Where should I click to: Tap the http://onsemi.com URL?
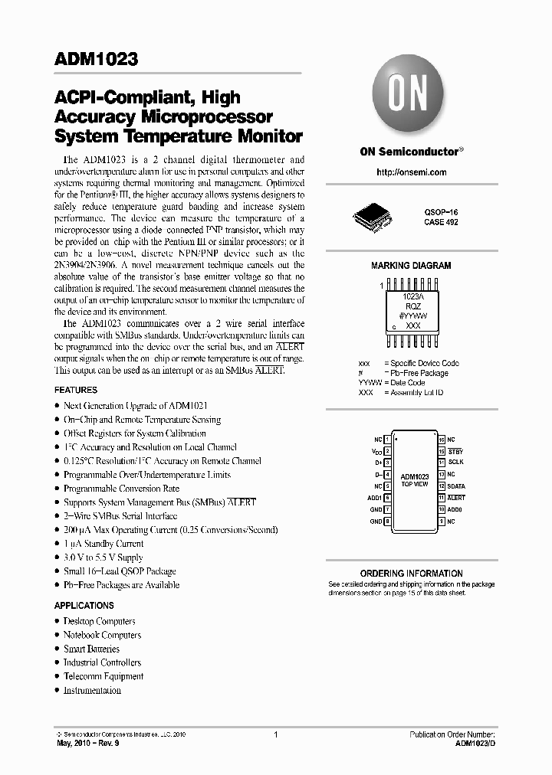click(x=411, y=172)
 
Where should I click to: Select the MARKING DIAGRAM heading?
click(x=411, y=266)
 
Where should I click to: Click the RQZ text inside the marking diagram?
click(x=412, y=305)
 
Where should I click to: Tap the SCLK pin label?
click(x=455, y=463)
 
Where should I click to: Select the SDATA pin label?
click(x=457, y=486)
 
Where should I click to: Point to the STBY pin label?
click(x=455, y=451)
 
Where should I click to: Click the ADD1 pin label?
click(x=374, y=498)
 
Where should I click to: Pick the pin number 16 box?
click(x=442, y=440)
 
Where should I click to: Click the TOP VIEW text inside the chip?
click(x=415, y=484)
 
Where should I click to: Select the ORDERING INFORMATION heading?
click(x=411, y=573)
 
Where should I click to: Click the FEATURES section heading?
click(x=75, y=390)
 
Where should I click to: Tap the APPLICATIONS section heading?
click(x=84, y=606)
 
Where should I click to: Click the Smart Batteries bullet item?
click(x=91, y=649)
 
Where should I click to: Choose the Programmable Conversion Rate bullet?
click(x=121, y=489)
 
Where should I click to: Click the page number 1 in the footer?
click(x=274, y=734)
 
